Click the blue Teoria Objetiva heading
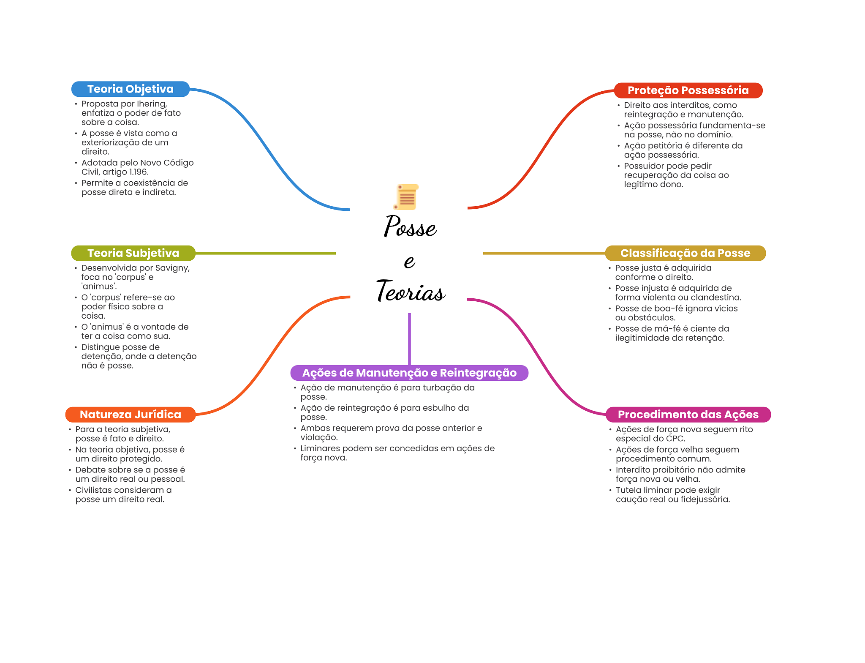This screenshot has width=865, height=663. click(131, 89)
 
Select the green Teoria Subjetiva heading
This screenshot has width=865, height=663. click(133, 253)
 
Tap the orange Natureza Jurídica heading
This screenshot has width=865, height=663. click(131, 415)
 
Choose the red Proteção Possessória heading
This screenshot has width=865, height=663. click(688, 90)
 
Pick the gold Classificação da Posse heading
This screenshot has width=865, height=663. click(685, 253)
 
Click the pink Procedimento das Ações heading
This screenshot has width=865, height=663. click(688, 415)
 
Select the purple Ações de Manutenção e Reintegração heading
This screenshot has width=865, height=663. click(409, 373)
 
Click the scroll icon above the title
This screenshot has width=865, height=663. click(406, 197)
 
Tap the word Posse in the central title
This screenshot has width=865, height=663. click(410, 226)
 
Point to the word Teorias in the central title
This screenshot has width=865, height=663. click(411, 291)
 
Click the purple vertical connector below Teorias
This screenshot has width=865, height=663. click(409, 339)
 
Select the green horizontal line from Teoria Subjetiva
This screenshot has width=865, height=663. click(266, 253)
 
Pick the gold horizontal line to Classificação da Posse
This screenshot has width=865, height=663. click(544, 253)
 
